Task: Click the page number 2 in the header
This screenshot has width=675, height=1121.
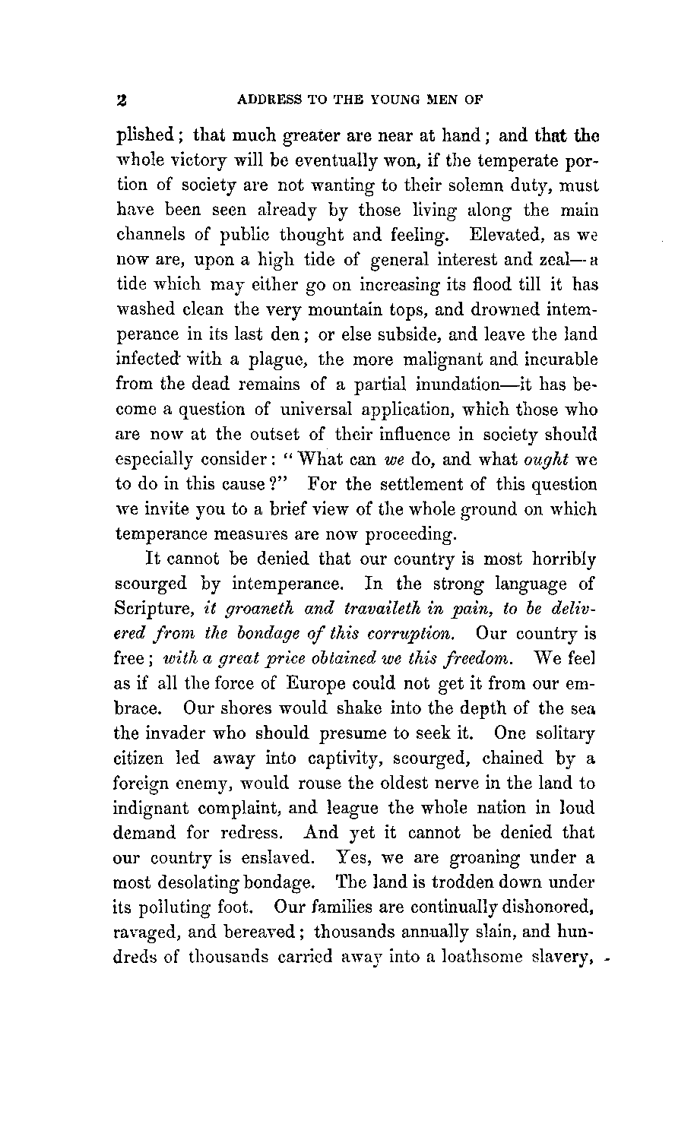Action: [120, 100]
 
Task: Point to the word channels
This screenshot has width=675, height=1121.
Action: [150, 235]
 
